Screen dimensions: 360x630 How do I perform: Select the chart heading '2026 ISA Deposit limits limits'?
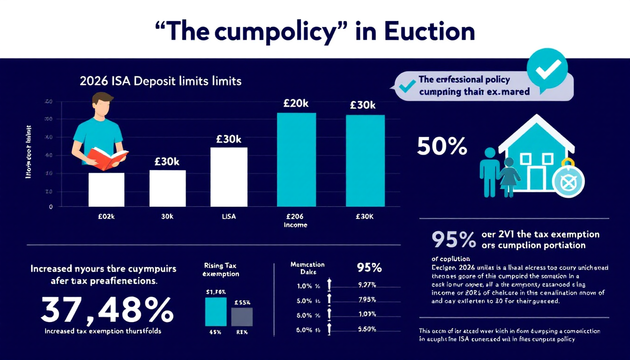point(160,81)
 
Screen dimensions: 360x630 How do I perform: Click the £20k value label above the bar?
point(296,104)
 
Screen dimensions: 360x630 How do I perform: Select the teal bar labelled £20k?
point(296,159)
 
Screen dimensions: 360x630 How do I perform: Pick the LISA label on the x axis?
point(229,217)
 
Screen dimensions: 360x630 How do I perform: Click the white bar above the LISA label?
point(229,177)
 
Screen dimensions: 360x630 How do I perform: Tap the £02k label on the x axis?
point(106,217)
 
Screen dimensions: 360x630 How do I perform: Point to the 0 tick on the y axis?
point(51,206)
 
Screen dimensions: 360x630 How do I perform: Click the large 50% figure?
point(442,147)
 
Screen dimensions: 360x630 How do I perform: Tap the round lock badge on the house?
point(568,180)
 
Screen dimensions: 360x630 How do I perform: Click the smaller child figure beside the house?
point(509,177)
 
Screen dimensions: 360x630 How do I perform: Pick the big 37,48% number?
point(106,310)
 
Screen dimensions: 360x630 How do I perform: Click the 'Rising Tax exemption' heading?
point(222,270)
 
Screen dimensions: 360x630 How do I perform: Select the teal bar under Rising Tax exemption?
point(216,311)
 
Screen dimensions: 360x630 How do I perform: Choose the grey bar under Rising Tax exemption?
point(242,316)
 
